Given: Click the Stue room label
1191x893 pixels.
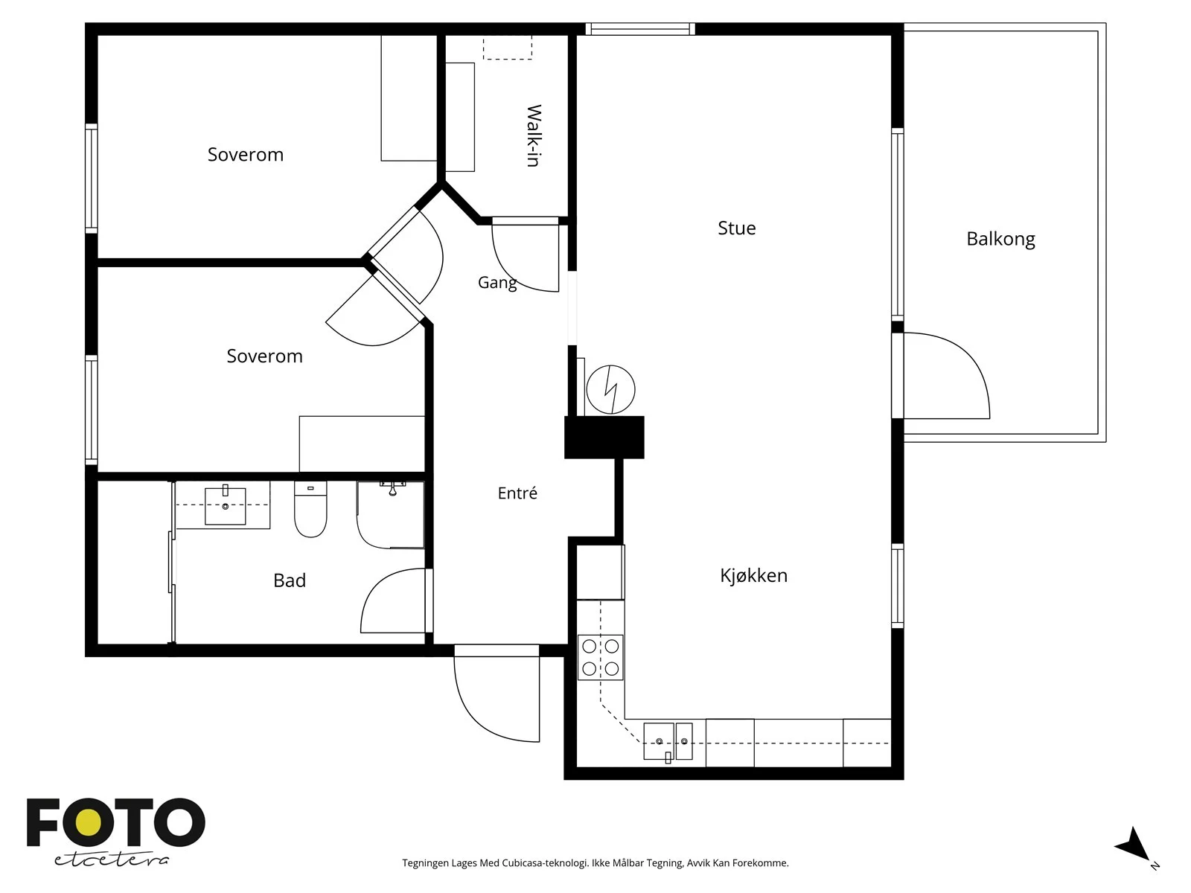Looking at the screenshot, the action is [736, 228].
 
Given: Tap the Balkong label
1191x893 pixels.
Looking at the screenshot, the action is [1000, 239].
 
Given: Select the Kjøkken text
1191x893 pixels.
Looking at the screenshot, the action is [753, 575].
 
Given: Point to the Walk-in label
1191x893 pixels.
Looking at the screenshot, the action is [534, 135].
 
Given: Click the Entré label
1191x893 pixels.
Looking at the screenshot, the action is [517, 493].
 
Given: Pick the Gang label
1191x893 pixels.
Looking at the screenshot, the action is [497, 283].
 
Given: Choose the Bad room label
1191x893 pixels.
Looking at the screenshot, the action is [290, 580].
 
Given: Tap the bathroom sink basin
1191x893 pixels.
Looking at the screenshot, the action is [226, 505].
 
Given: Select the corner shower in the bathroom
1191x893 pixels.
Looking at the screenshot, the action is [390, 514].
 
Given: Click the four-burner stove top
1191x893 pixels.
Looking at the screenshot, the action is [600, 657].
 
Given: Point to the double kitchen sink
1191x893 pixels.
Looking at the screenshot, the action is [668, 741].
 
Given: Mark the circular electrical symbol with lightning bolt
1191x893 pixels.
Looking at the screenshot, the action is [611, 389].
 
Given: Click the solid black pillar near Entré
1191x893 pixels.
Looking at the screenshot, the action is [604, 438].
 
